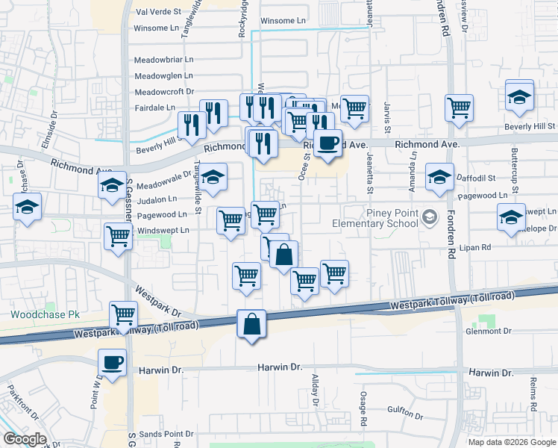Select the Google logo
click(x=25, y=439)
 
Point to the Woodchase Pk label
click(x=45, y=314)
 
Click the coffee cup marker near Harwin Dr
click(x=113, y=364)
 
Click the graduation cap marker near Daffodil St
click(x=439, y=178)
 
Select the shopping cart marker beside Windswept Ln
click(x=119, y=237)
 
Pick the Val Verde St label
click(x=159, y=13)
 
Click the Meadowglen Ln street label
click(x=163, y=75)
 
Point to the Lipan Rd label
click(x=475, y=247)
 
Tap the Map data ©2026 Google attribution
click(x=511, y=442)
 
